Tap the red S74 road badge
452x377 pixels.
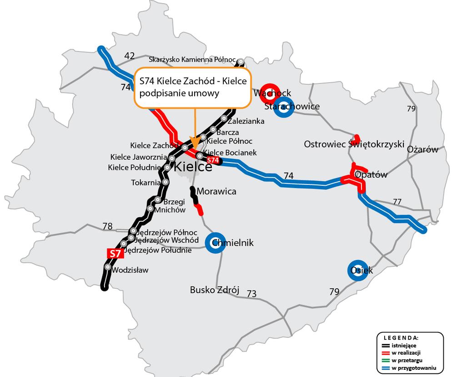(x=213, y=160)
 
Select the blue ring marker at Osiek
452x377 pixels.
(x=357, y=270)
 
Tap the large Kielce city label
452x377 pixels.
(x=193, y=167)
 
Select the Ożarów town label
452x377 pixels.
(x=422, y=149)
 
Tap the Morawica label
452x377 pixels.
(x=216, y=191)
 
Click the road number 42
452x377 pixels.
(x=130, y=56)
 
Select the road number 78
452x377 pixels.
(x=108, y=226)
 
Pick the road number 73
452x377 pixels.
(x=251, y=294)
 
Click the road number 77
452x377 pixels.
(x=397, y=201)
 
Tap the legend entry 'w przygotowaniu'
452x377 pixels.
(x=414, y=367)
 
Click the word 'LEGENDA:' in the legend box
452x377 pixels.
(x=401, y=338)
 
